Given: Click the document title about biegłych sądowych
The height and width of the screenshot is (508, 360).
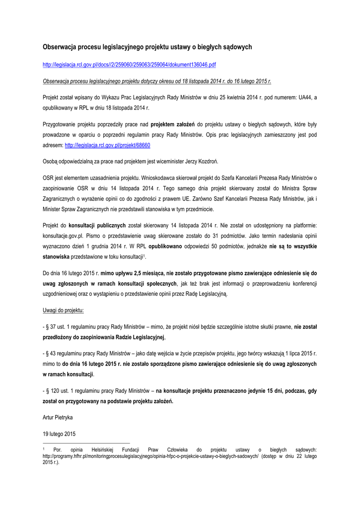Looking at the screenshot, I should pyautogui.click(x=147, y=47).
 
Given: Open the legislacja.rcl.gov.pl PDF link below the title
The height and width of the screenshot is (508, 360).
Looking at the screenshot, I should pyautogui.click(x=129, y=65).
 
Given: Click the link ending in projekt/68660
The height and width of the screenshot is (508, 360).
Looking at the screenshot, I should pyautogui.click(x=107, y=145).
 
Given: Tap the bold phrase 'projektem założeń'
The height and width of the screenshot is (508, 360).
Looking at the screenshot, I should pyautogui.click(x=172, y=124).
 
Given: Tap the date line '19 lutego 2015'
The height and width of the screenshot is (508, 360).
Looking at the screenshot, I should pyautogui.click(x=59, y=434).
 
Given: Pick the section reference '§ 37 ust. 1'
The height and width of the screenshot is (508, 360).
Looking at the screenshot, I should pyautogui.click(x=59, y=327).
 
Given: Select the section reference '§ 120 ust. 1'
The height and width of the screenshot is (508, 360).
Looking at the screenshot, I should pyautogui.click(x=61, y=391).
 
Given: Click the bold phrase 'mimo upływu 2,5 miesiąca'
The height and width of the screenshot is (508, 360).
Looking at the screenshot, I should pyautogui.click(x=132, y=273).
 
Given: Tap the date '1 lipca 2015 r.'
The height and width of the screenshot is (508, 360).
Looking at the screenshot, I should pyautogui.click(x=299, y=353).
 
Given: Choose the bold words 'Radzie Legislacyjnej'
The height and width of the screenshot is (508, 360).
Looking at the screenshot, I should pyautogui.click(x=141, y=337).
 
